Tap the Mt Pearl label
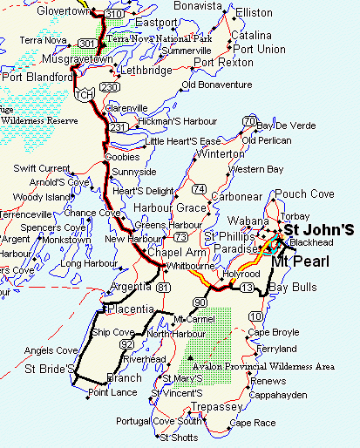click(300, 261)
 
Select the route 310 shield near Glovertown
click(112, 14)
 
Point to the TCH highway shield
click(84, 93)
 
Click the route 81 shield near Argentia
click(165, 287)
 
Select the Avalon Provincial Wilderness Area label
click(264, 367)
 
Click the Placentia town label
click(131, 309)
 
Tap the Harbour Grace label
click(169, 208)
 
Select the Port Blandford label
click(37, 77)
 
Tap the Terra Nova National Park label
click(159, 39)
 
